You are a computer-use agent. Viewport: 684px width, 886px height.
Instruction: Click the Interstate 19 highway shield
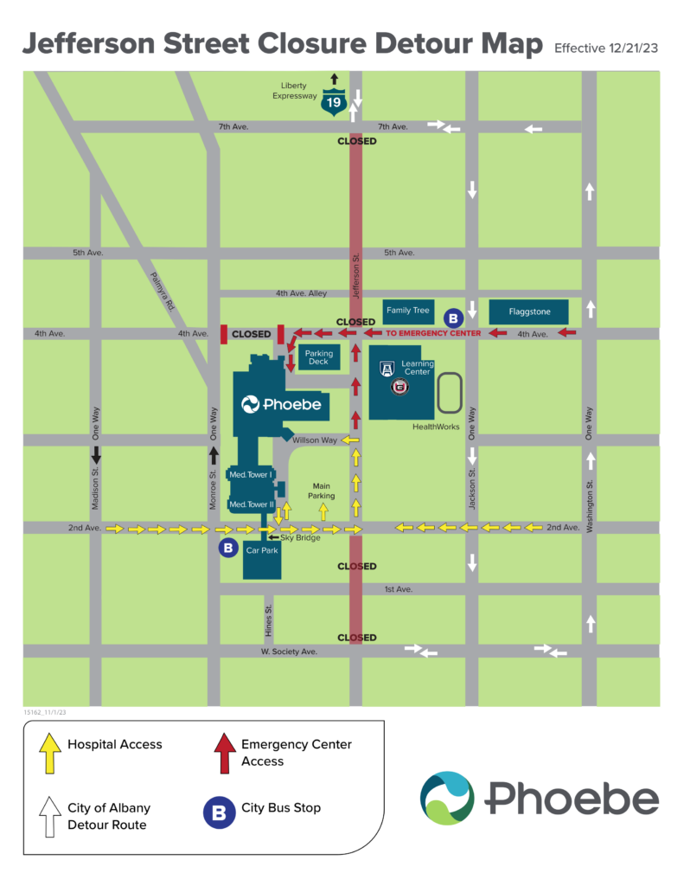pos(332,102)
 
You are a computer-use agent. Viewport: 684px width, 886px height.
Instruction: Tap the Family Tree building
pos(408,311)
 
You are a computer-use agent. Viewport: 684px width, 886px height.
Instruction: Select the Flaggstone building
pos(528,311)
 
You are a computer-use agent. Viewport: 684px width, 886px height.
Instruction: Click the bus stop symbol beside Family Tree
pos(453,318)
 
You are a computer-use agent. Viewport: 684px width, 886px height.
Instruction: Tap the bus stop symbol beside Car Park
pos(227,548)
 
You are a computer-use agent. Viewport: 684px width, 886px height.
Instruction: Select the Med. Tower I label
pos(250,474)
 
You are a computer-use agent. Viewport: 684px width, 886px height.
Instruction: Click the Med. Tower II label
pos(250,504)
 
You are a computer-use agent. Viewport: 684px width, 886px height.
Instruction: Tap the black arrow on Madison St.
pos(96,454)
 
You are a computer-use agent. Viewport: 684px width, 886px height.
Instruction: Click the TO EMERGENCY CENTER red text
pos(433,333)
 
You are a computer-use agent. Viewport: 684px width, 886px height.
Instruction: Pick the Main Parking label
pos(322,491)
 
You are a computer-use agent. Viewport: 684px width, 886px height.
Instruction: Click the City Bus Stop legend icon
pos(219,812)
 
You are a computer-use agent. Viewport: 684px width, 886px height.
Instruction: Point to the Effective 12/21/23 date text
pos(605,48)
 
